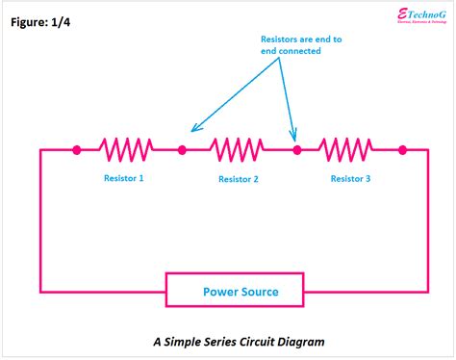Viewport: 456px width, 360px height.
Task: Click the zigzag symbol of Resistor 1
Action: coord(128,149)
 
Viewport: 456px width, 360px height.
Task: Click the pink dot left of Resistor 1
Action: coord(77,149)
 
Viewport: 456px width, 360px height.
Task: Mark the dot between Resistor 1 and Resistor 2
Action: coord(182,149)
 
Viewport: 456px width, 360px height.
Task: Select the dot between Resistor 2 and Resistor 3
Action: coord(297,149)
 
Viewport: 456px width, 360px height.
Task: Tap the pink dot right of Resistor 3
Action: coord(402,149)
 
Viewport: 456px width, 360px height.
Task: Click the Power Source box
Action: coord(235,291)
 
